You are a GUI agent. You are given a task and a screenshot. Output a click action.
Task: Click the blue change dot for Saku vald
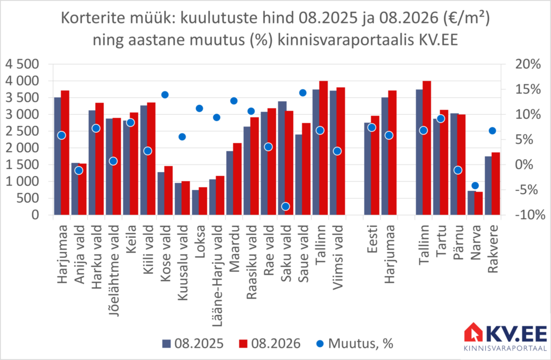286,206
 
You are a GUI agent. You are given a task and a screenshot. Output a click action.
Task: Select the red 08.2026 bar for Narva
478,203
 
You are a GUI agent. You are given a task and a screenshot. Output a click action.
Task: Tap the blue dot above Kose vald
165,95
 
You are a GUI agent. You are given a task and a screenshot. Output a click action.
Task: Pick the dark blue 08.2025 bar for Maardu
230,183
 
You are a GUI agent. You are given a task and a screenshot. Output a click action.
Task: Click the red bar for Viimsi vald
341,151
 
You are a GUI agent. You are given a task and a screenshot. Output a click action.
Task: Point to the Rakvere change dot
492,131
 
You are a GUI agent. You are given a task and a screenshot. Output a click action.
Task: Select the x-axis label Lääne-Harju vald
217,276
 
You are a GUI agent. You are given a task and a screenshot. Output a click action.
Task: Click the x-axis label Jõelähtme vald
114,271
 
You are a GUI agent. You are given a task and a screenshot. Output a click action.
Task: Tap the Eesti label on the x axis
372,239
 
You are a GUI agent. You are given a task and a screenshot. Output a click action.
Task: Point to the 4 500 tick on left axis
22,65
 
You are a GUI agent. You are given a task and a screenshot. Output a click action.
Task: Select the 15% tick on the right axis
528,89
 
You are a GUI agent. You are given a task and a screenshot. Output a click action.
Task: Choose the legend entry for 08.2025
193,343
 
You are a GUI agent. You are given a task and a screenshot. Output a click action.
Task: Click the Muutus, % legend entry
355,343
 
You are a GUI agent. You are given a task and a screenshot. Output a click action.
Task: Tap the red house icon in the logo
474,332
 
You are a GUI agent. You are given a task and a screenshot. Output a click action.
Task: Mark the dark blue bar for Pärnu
454,164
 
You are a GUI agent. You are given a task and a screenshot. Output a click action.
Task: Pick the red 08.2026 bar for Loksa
203,201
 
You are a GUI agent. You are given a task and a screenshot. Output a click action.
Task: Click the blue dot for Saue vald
303,93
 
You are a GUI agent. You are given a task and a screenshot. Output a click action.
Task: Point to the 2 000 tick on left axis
22,148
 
